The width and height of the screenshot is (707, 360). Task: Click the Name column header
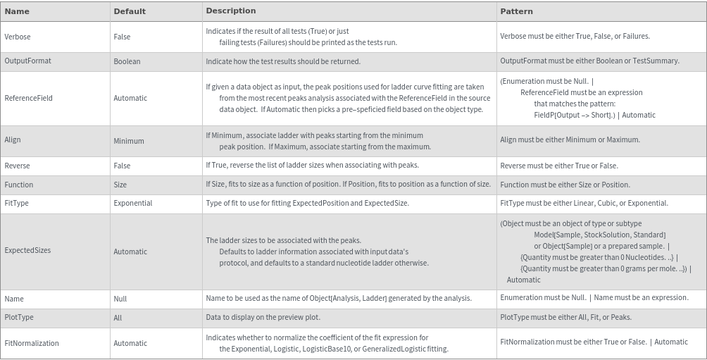tap(17, 11)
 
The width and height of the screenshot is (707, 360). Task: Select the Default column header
tap(130, 11)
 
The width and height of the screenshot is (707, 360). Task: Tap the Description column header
tap(230, 11)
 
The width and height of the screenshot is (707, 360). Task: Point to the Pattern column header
tap(516, 11)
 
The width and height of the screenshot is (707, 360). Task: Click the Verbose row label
tap(18, 37)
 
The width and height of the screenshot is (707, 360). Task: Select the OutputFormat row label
tap(27, 61)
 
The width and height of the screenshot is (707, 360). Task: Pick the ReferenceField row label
tap(28, 98)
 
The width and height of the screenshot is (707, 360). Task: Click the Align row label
tap(13, 140)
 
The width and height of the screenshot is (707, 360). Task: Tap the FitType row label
tap(17, 203)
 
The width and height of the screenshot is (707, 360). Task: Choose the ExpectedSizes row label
tap(27, 251)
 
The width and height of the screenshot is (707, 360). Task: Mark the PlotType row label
tap(19, 318)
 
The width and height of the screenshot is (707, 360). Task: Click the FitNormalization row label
tap(32, 343)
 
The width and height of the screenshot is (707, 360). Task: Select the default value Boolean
tap(127, 61)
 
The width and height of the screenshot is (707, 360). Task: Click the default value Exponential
tap(132, 203)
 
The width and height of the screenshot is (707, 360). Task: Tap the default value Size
tap(120, 185)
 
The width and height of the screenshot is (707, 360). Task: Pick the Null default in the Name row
tap(120, 299)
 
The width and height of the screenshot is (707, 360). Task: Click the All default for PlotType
tap(118, 318)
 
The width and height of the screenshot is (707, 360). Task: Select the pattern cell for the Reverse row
tap(558, 166)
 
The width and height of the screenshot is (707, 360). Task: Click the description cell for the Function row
tap(348, 185)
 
